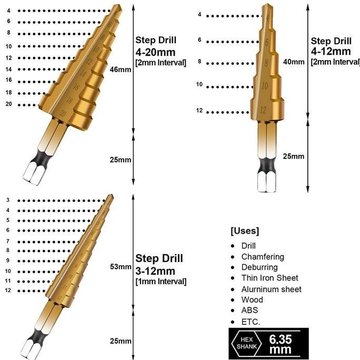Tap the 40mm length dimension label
(x=294, y=62)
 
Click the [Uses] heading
(x=244, y=231)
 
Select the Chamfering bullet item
(x=262, y=257)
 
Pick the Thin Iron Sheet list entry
(x=269, y=278)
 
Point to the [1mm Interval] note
(x=161, y=282)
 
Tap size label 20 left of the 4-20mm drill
(x=8, y=104)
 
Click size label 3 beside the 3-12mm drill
(x=8, y=200)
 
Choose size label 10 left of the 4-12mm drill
(x=199, y=85)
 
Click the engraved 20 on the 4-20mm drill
(x=63, y=113)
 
